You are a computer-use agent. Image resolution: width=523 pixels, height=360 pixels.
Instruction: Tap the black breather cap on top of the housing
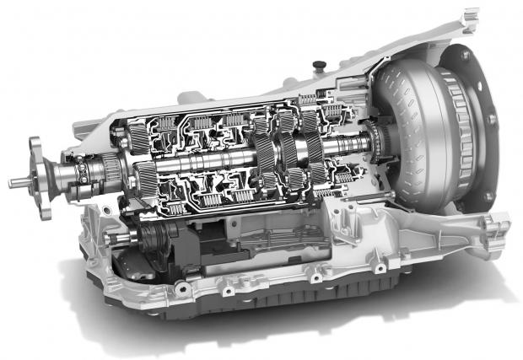(x=318, y=67)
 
